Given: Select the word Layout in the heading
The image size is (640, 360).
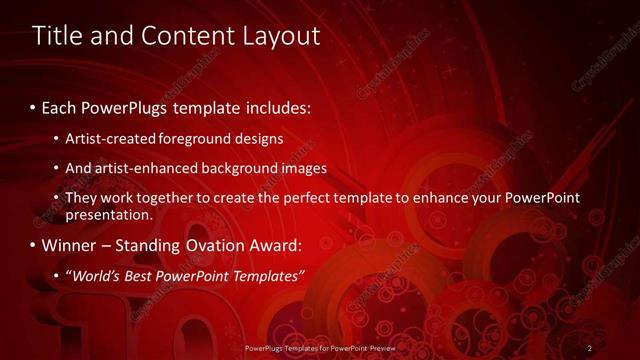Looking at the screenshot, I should tap(280, 36).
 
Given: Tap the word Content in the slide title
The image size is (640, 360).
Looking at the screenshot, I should tap(191, 36).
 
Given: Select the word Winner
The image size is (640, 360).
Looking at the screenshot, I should tap(70, 245).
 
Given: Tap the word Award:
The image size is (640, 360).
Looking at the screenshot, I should tap(281, 245).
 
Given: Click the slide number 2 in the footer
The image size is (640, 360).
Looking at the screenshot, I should tap(590, 348).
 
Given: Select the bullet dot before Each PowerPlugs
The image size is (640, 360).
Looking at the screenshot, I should tap(33, 107).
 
